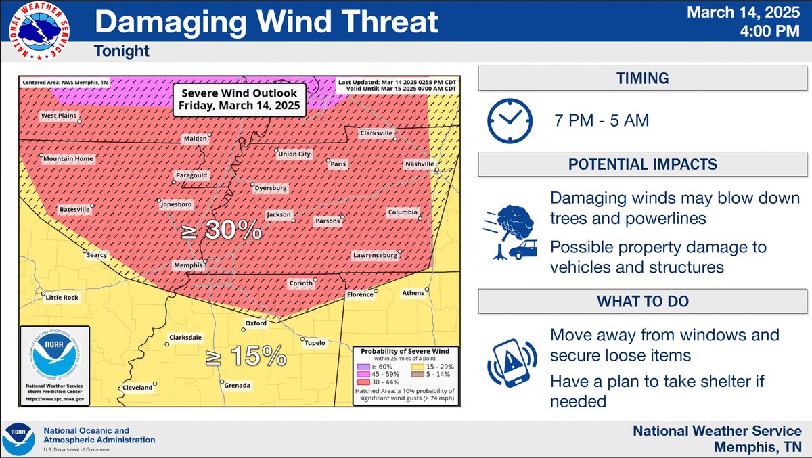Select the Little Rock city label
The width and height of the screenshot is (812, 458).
(x=62, y=297)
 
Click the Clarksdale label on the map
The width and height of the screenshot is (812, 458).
(x=185, y=336)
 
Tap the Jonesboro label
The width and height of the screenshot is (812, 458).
(x=176, y=204)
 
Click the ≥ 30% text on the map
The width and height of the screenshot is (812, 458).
(x=222, y=231)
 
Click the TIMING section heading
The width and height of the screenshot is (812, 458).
(x=642, y=78)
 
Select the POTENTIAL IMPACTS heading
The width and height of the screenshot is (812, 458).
(x=642, y=164)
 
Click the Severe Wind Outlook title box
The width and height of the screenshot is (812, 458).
(x=239, y=99)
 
